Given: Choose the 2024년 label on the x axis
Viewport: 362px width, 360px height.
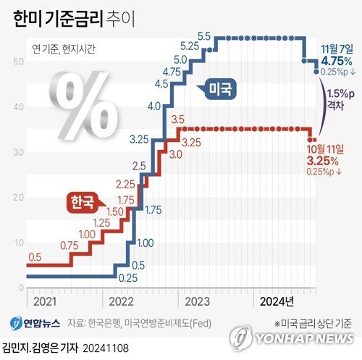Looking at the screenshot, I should click(277, 299).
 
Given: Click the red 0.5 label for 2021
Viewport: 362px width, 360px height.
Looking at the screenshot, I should click(35, 256).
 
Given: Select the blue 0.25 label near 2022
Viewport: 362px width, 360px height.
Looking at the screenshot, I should click(128, 277).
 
